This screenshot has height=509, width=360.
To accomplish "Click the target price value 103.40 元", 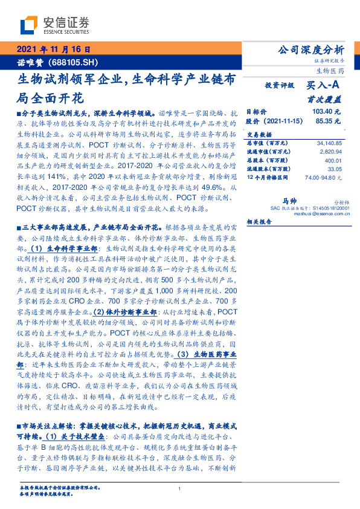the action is [326, 111].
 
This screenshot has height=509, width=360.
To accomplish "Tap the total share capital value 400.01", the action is [333, 160].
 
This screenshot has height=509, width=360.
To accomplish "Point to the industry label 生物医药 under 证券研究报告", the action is [330, 71].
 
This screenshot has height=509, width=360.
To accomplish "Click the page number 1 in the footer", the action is [180, 489].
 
